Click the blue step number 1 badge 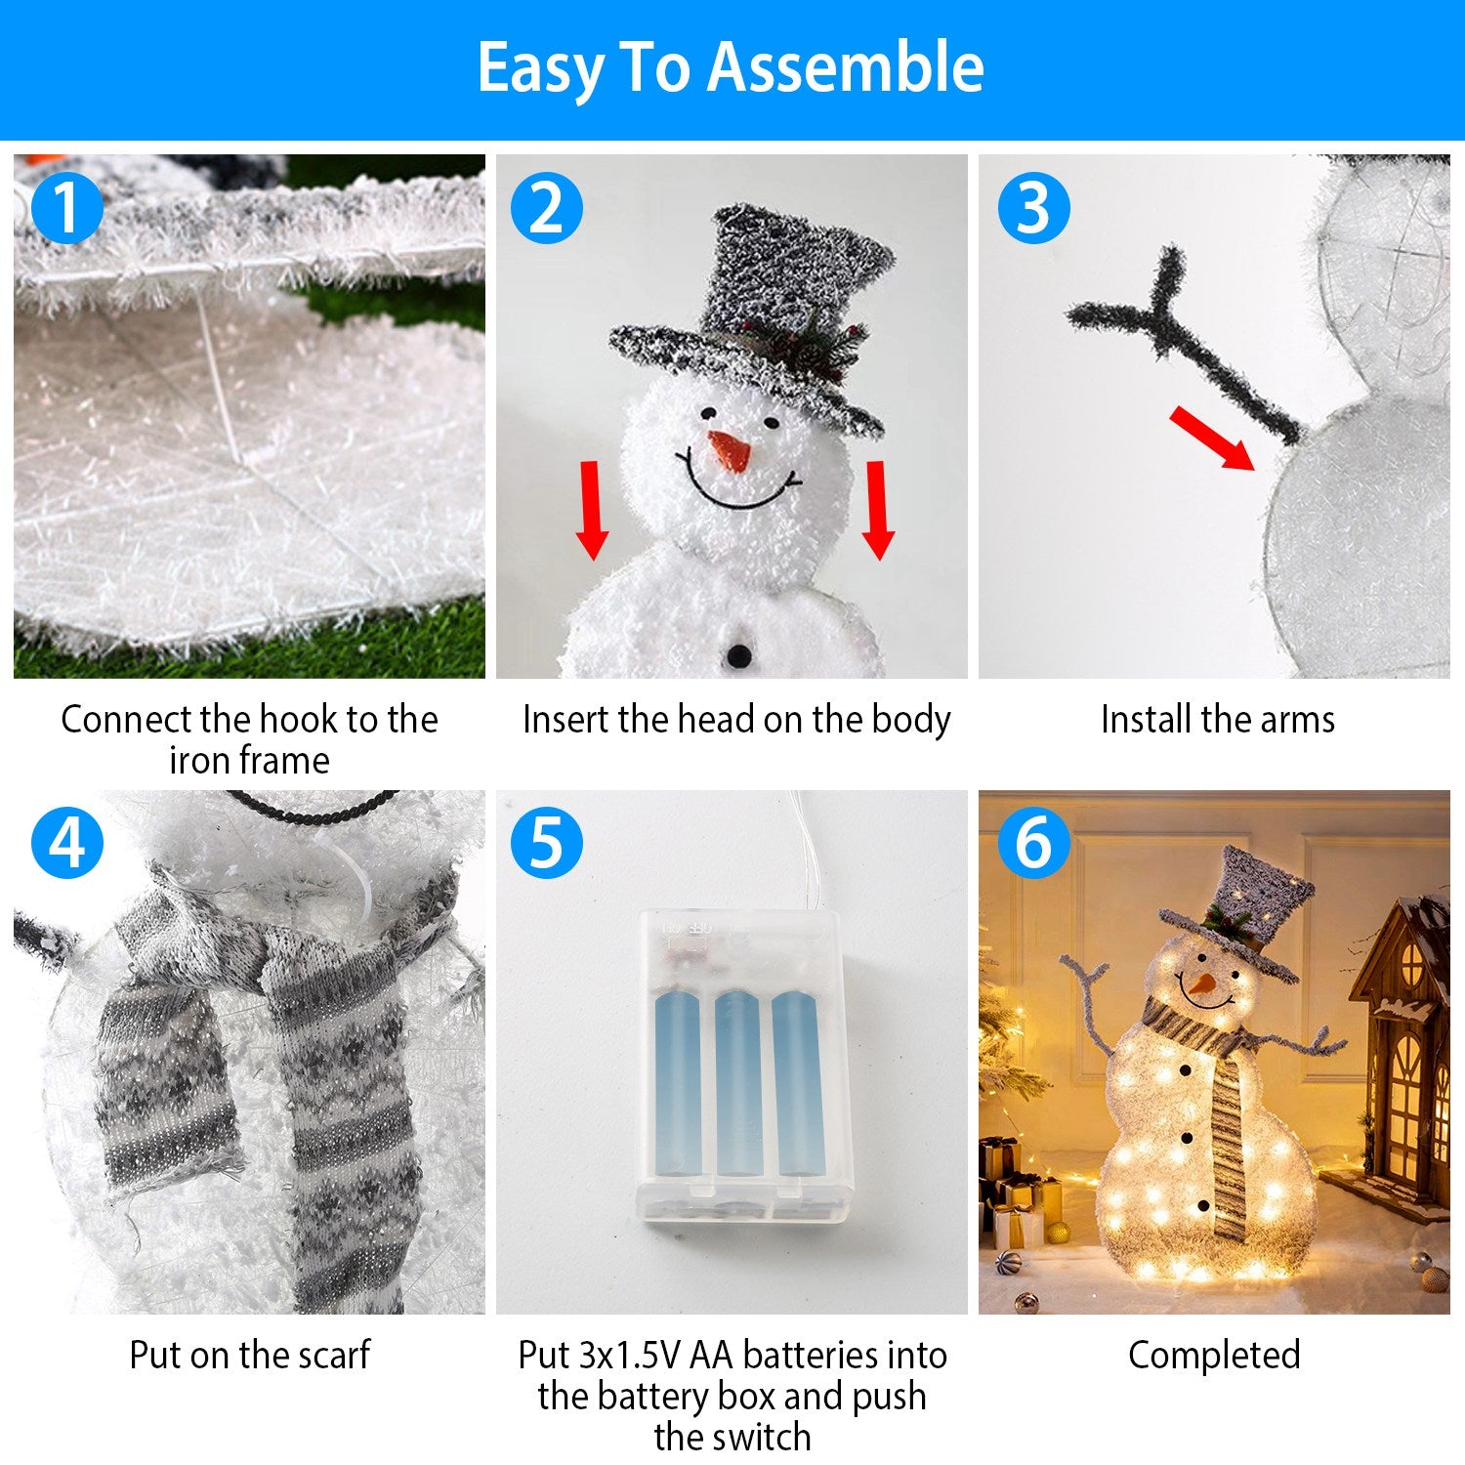tap(66, 207)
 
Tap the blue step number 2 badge tap(547, 207)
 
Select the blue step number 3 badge tap(1033, 207)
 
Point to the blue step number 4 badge tap(66, 842)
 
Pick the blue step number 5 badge tap(547, 842)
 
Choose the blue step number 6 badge tap(1033, 842)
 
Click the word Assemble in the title tap(845, 68)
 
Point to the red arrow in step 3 tap(1211, 438)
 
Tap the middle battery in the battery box tap(737, 1084)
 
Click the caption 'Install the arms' tap(1217, 720)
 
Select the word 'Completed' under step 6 tap(1214, 1355)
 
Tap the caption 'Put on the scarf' tap(249, 1355)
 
